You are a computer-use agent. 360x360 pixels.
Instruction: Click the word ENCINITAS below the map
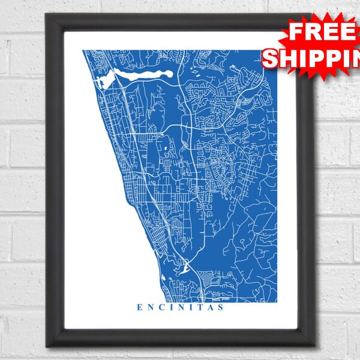click(x=180, y=308)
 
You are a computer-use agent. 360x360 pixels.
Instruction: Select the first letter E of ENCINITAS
click(x=140, y=308)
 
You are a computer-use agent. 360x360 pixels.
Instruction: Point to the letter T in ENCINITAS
click(x=199, y=308)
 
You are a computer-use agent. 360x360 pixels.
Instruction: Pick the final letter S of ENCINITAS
click(x=221, y=308)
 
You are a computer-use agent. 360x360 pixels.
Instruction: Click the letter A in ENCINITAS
click(x=209, y=308)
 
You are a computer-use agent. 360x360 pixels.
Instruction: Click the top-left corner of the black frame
click(x=47, y=15)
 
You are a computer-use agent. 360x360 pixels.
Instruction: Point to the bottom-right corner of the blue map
click(x=277, y=299)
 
